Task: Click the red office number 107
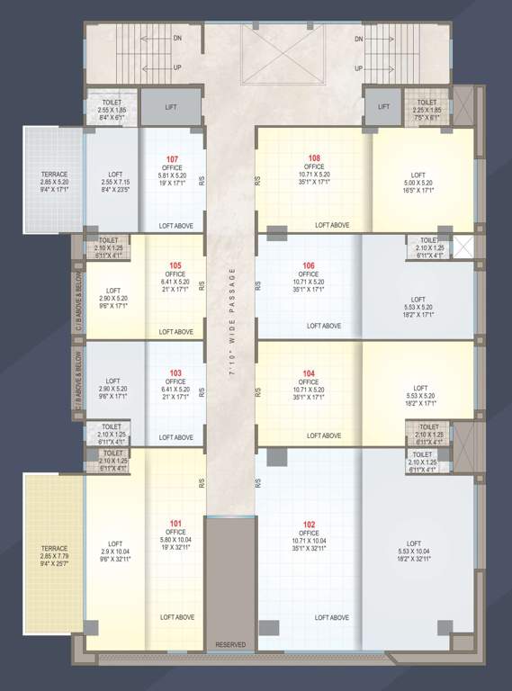pyautogui.click(x=172, y=159)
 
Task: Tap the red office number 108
pyautogui.click(x=314, y=158)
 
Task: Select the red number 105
pyautogui.click(x=175, y=265)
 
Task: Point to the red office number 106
pyautogui.click(x=309, y=265)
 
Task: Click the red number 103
pyautogui.click(x=175, y=372)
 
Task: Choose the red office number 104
pyautogui.click(x=309, y=372)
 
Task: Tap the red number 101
pyautogui.click(x=175, y=524)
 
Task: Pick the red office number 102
pyautogui.click(x=309, y=524)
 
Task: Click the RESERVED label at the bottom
pyautogui.click(x=230, y=645)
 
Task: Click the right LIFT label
pyautogui.click(x=383, y=106)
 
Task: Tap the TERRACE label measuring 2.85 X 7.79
pyautogui.click(x=54, y=548)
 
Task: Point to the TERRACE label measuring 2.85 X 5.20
pyautogui.click(x=54, y=174)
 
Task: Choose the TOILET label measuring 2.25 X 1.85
pyautogui.click(x=427, y=103)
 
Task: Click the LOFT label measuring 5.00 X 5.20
pyautogui.click(x=418, y=175)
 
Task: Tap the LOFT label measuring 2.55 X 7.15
pyautogui.click(x=115, y=174)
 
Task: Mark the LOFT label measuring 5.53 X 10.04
pyautogui.click(x=414, y=544)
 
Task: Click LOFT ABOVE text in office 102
pyautogui.click(x=332, y=618)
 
